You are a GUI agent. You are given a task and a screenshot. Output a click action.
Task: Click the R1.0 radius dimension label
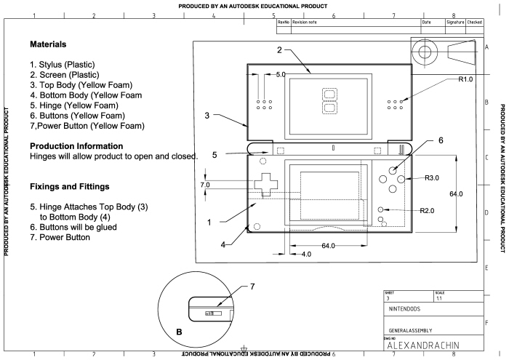click(465, 79)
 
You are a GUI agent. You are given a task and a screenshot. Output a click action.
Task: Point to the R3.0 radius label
click(431, 177)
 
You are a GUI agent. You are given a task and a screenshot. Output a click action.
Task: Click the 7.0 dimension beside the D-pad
click(204, 185)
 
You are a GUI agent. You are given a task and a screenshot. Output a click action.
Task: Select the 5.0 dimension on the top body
click(281, 75)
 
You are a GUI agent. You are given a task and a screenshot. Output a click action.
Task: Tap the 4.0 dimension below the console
click(305, 255)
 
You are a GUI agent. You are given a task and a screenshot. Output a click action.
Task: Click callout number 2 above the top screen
click(278, 49)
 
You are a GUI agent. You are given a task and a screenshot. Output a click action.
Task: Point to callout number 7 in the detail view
click(252, 287)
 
